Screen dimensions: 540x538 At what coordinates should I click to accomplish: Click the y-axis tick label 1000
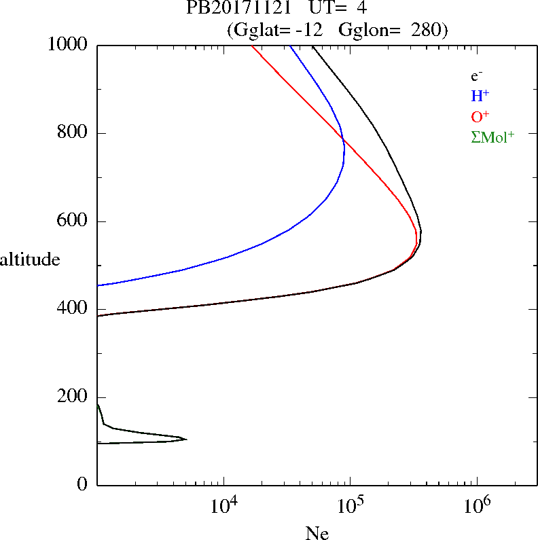[x=68, y=45]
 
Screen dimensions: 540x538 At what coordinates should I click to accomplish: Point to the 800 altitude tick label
[x=73, y=133]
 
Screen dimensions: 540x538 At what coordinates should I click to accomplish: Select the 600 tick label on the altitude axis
[x=73, y=221]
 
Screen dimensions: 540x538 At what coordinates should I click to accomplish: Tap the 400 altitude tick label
[x=73, y=310]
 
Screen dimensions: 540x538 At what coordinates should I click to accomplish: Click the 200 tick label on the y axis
[x=73, y=397]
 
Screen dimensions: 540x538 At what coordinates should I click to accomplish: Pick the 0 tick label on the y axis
[x=83, y=485]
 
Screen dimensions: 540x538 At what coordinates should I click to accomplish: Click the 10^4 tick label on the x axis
[x=223, y=507]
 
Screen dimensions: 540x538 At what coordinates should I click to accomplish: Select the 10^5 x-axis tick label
[x=350, y=507]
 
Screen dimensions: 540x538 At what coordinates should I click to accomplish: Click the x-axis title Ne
[x=317, y=533]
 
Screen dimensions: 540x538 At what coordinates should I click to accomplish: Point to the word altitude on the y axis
[x=30, y=259]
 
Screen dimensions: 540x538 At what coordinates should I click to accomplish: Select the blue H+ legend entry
[x=480, y=96]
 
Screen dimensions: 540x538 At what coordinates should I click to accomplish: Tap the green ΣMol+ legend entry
[x=492, y=137]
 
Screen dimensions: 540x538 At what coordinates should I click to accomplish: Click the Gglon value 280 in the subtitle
[x=426, y=30]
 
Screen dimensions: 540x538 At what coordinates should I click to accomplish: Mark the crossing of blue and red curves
[x=343, y=140]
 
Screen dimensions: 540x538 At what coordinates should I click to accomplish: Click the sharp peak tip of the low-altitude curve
[x=186, y=439]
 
